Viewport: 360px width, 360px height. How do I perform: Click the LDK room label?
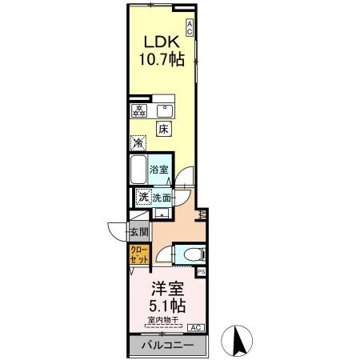point(160,42)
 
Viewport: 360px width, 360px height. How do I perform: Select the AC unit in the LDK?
point(190,26)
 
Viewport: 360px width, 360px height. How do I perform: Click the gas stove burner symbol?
point(138,110)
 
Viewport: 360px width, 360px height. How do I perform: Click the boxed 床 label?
point(163,129)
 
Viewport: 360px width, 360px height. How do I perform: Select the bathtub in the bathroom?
point(138,170)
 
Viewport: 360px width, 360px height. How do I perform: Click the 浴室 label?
point(159,170)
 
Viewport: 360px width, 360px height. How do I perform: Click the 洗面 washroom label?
point(163,198)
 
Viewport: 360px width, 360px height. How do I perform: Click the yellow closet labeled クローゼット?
point(138,256)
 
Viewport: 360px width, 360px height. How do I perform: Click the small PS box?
point(201,272)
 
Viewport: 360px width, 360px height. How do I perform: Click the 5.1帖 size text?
point(167,306)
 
